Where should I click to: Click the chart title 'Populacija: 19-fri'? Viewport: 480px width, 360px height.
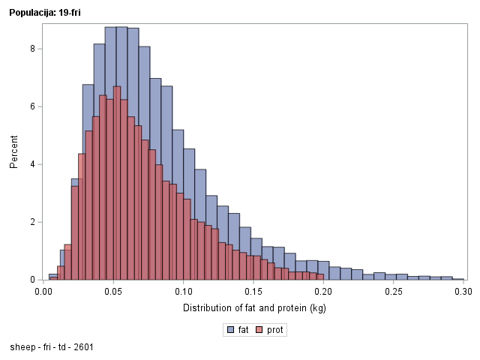click(44, 12)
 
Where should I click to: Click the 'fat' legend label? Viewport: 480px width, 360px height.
click(244, 330)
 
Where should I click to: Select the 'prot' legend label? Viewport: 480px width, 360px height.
click(276, 330)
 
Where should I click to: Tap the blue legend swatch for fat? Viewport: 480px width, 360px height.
click(230, 330)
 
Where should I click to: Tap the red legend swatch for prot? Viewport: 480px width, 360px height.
click(260, 330)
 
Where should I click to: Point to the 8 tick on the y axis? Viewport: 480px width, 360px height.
click(31, 49)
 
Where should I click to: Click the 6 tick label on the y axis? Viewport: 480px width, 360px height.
click(31, 106)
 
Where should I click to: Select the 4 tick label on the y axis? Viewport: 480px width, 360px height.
click(31, 164)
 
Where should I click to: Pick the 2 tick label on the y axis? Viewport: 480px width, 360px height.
click(31, 222)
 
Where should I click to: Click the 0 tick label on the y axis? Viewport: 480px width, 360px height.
click(31, 280)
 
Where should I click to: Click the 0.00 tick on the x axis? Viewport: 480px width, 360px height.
click(43, 292)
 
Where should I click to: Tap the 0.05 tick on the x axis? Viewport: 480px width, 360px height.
click(114, 292)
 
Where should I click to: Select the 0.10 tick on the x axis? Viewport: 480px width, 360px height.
click(184, 292)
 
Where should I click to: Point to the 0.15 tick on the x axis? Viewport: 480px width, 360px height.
click(254, 292)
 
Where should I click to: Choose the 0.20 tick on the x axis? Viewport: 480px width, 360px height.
click(324, 292)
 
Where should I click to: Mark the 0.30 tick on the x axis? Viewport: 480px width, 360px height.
click(463, 292)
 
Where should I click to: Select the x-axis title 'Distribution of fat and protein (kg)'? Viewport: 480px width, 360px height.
click(254, 308)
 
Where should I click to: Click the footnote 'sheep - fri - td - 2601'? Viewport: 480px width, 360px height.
click(52, 348)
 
